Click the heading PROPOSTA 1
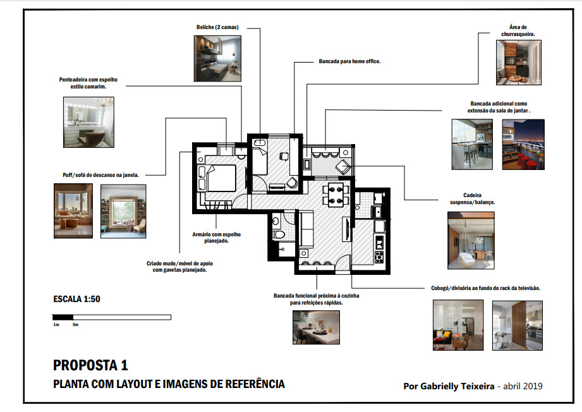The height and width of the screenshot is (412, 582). click(x=90, y=365)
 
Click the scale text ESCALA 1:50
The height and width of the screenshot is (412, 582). click(x=76, y=299)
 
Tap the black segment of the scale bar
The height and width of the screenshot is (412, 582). click(x=63, y=317)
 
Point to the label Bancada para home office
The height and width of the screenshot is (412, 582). click(x=349, y=62)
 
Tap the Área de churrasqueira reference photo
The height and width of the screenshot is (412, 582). click(x=518, y=62)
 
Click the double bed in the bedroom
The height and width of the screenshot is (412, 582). click(x=221, y=178)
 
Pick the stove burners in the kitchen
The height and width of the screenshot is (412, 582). click(x=379, y=257)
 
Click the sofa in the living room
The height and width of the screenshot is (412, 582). click(x=305, y=229)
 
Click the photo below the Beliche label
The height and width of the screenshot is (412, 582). click(x=217, y=58)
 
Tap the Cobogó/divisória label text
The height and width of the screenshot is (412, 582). click(x=482, y=288)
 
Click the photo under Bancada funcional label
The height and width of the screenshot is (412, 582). click(x=315, y=327)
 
